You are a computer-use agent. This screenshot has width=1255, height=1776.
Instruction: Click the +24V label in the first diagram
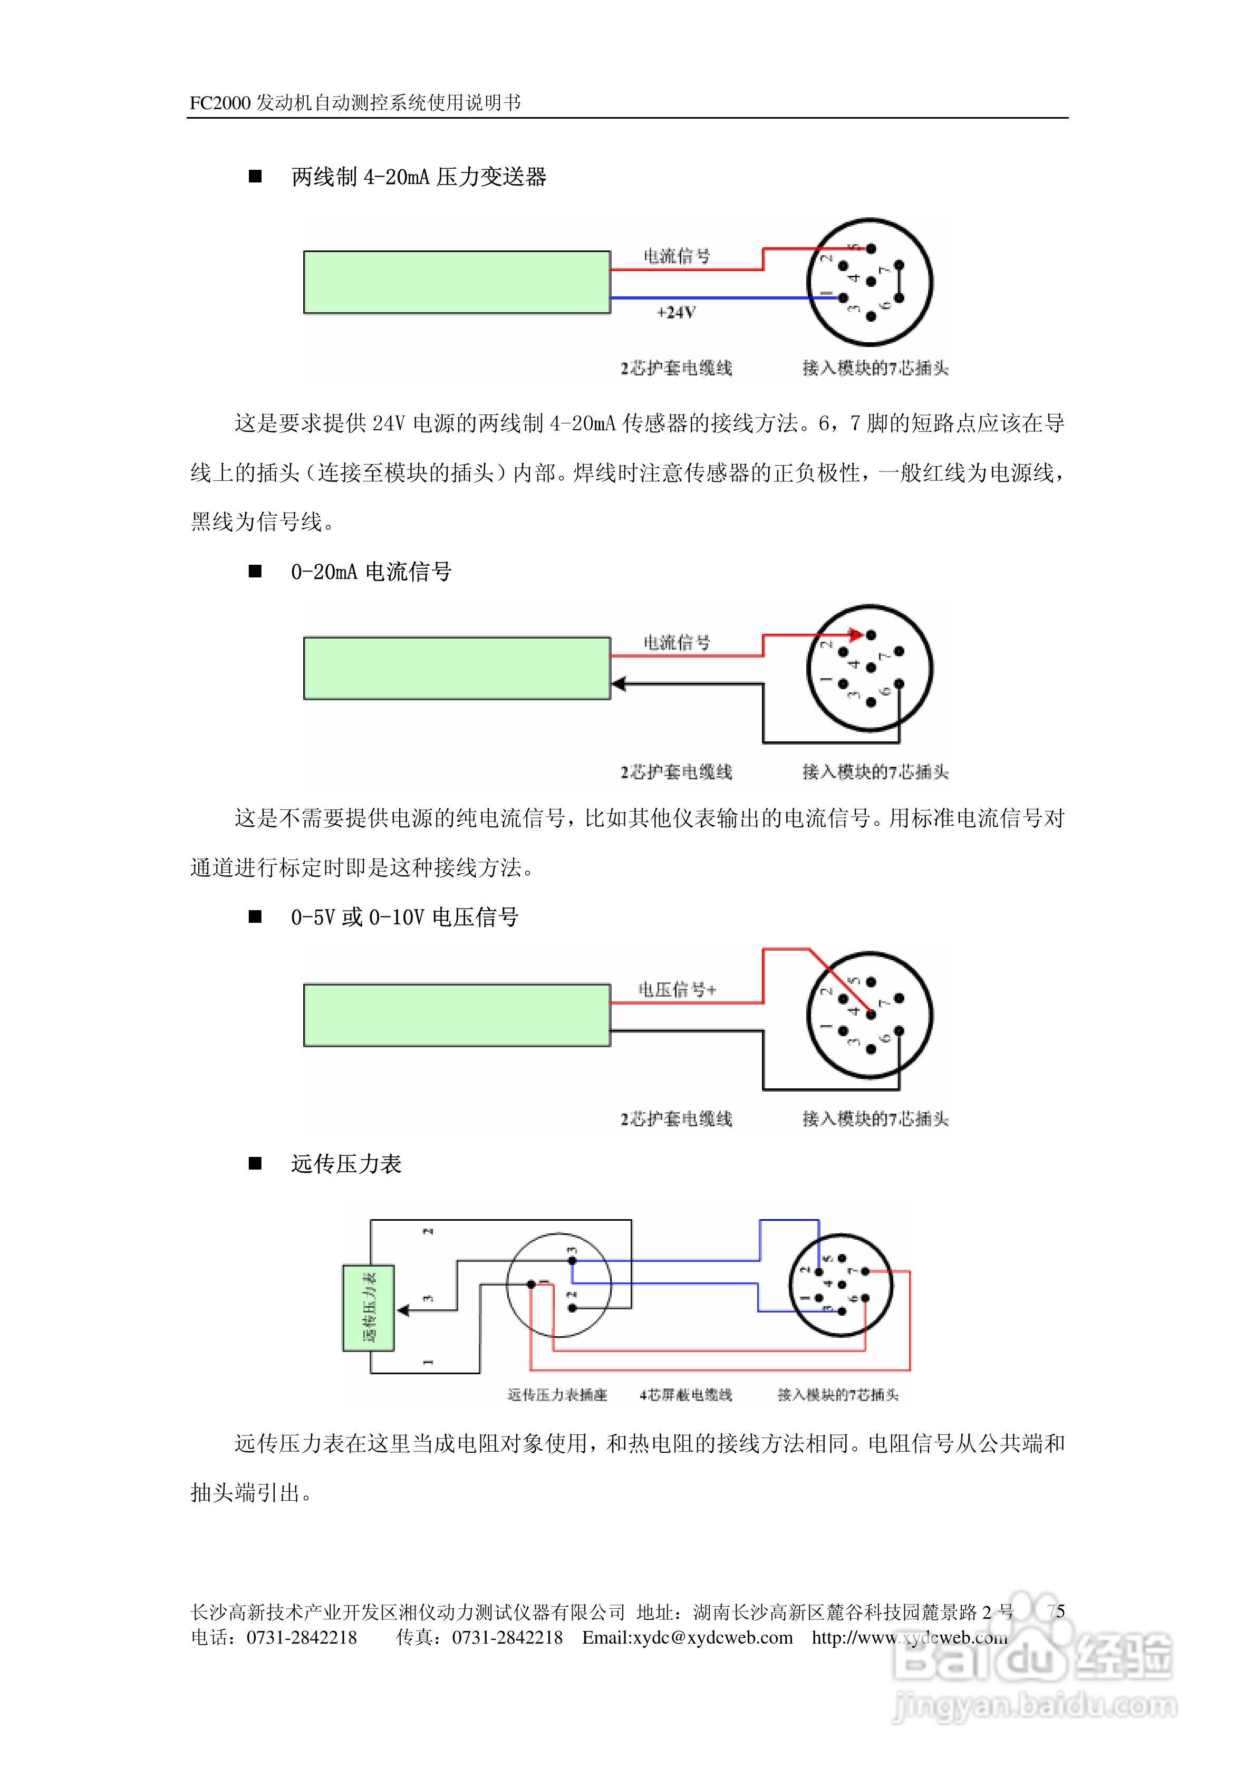(x=675, y=313)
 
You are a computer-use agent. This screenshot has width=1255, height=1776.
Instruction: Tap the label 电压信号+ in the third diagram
(x=677, y=989)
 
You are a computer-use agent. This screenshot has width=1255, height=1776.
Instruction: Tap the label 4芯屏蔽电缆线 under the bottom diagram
(x=686, y=1395)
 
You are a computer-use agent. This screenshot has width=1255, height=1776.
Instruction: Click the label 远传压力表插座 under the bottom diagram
(x=557, y=1395)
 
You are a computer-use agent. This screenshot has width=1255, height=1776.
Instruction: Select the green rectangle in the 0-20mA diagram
(x=457, y=668)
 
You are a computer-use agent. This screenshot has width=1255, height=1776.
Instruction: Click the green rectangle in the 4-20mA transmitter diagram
(x=457, y=282)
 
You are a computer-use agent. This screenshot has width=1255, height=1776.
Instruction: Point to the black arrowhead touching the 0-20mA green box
(x=617, y=684)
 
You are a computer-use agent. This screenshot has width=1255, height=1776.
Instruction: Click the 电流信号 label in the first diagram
(x=677, y=256)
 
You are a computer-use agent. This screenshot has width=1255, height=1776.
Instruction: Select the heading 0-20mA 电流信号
(x=371, y=572)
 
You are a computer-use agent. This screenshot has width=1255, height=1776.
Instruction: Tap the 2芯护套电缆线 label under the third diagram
(x=675, y=1118)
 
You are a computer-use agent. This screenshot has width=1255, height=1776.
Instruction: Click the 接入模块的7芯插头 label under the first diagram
(x=875, y=368)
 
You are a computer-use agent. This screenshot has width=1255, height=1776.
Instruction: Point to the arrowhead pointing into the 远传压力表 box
(x=402, y=1310)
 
